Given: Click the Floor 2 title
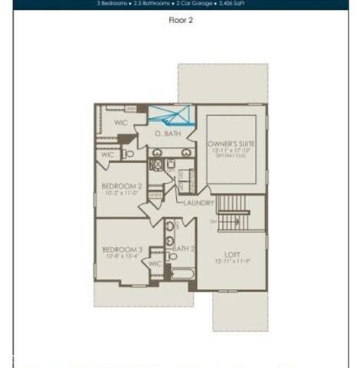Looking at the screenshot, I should coord(180,21).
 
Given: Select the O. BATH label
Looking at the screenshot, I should coord(166,134).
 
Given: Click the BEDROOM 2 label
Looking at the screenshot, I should coord(123,186).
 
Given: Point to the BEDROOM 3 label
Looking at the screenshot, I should coord(122,250).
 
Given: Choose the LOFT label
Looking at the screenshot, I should coord(232,255).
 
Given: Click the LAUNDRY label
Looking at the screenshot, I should coord(198,203).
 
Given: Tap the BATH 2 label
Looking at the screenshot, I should coord(183,249).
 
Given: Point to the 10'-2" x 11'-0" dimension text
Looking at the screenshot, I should coord(123,193).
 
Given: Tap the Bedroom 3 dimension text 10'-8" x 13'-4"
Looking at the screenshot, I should coord(122,257).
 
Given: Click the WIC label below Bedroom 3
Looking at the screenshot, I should coord(155,264).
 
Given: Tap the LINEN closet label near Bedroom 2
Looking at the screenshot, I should coord(155,196).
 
